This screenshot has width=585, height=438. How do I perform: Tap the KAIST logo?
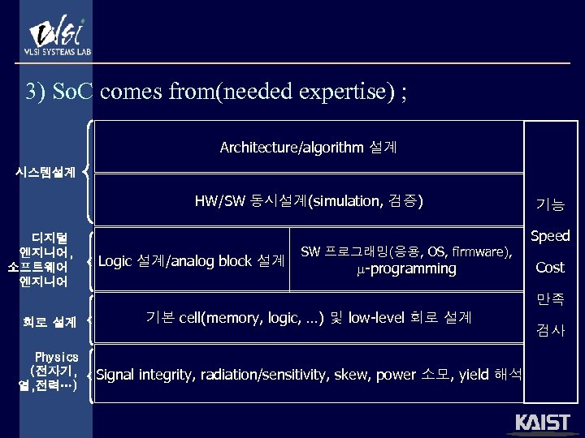click(542, 423)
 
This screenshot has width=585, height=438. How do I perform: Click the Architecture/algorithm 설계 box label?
click(308, 147)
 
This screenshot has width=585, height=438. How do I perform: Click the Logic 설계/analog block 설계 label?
click(191, 261)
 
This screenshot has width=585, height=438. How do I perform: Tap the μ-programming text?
click(406, 268)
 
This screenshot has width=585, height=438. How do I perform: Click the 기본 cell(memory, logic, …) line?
click(308, 316)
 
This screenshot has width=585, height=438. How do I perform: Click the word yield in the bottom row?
click(474, 374)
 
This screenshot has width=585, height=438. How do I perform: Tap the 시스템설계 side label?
click(46, 172)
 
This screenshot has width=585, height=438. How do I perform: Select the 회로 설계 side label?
click(50, 322)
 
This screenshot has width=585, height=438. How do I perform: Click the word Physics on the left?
click(57, 357)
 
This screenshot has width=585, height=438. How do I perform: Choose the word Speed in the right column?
click(550, 236)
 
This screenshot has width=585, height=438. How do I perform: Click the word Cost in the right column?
click(550, 267)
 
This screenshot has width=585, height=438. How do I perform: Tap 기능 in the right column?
click(550, 205)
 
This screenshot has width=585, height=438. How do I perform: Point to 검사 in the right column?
click(550, 330)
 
